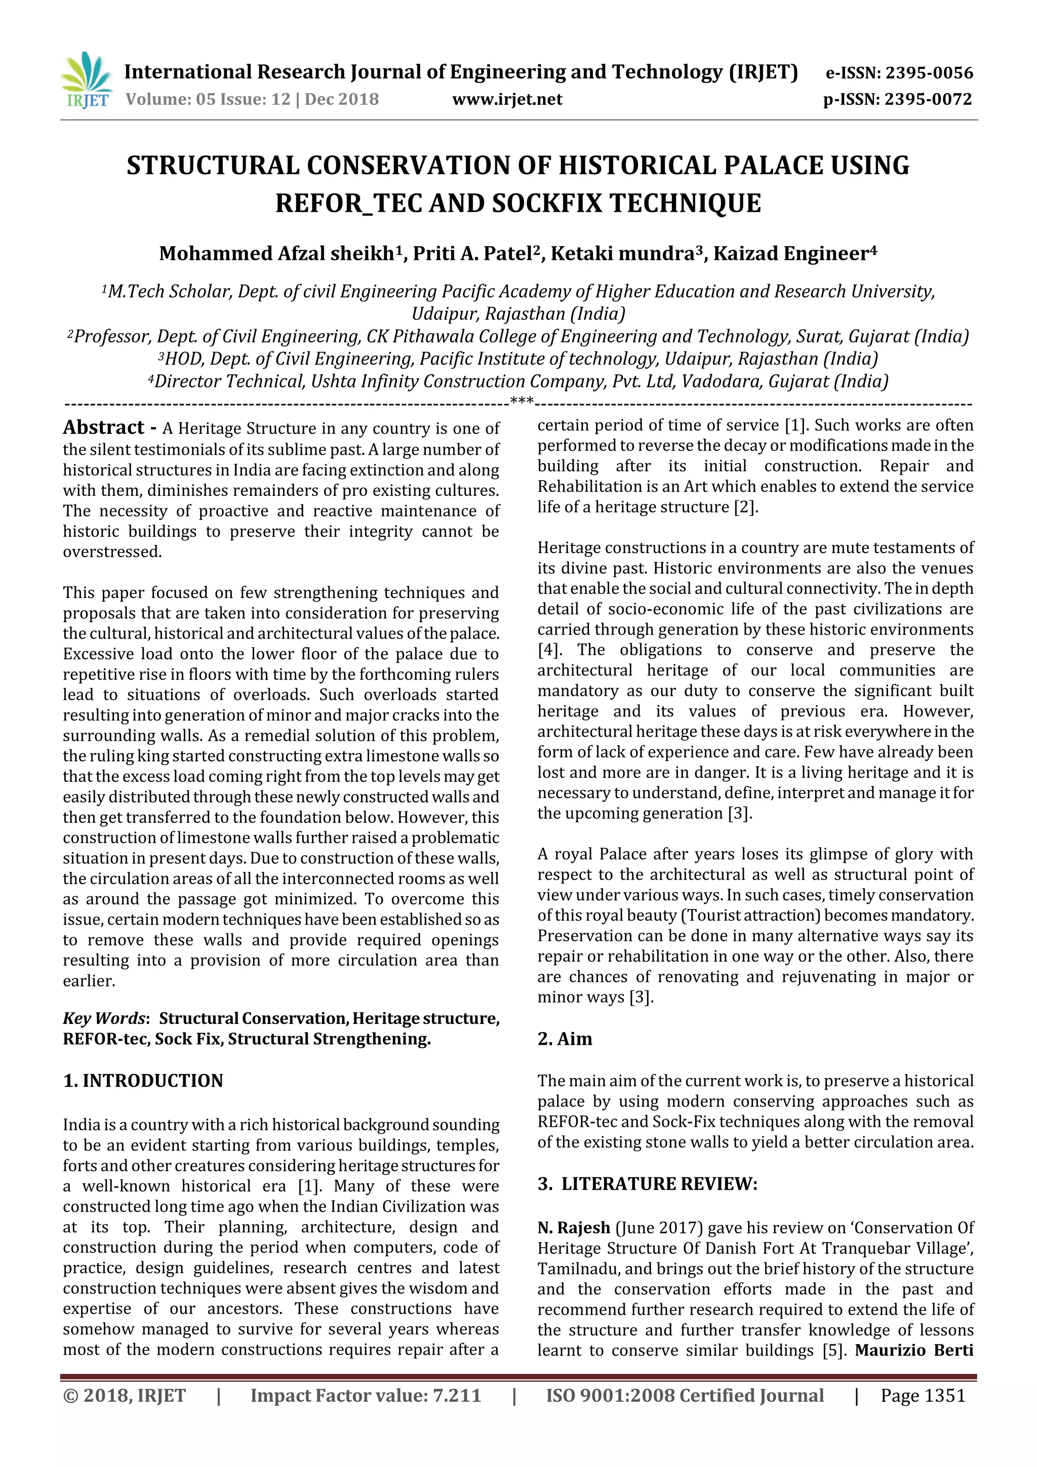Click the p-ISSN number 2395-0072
(x=928, y=99)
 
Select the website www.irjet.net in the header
(x=507, y=99)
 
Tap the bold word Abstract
(x=103, y=427)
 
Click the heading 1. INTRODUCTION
(x=143, y=1081)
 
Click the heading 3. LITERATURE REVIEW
(x=647, y=1184)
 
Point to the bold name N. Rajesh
(x=574, y=1227)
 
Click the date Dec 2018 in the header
(x=342, y=99)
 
